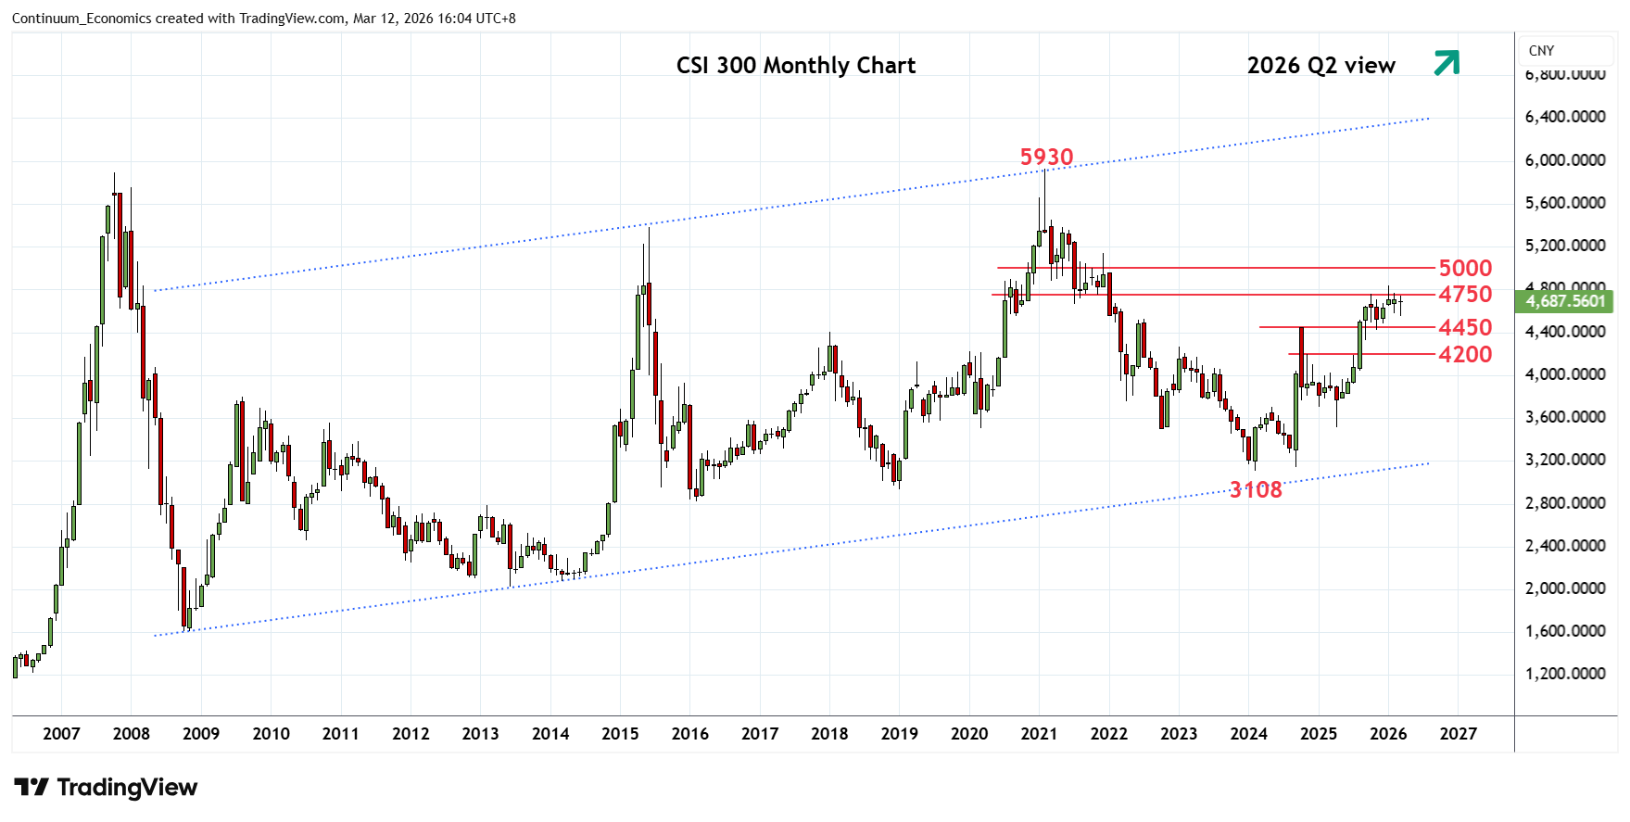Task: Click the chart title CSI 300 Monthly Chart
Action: (x=795, y=66)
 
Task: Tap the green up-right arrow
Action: (x=1447, y=63)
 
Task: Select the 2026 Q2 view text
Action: (x=1320, y=66)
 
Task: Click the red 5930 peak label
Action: (x=1046, y=158)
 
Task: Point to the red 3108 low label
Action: (x=1256, y=490)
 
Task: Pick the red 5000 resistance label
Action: (x=1464, y=269)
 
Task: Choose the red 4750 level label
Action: (x=1464, y=295)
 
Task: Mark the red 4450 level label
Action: (x=1464, y=328)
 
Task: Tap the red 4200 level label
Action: (x=1464, y=355)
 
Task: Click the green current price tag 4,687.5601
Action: (x=1565, y=301)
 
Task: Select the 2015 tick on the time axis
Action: (x=620, y=734)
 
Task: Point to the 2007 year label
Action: (x=61, y=734)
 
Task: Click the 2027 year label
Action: (x=1458, y=734)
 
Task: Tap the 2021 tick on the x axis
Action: (x=1039, y=734)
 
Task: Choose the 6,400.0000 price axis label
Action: (x=1565, y=117)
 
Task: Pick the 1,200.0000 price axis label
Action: (x=1565, y=674)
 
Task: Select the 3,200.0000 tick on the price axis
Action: (x=1565, y=460)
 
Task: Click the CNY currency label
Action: (x=1541, y=51)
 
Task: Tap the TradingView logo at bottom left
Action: (x=106, y=788)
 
